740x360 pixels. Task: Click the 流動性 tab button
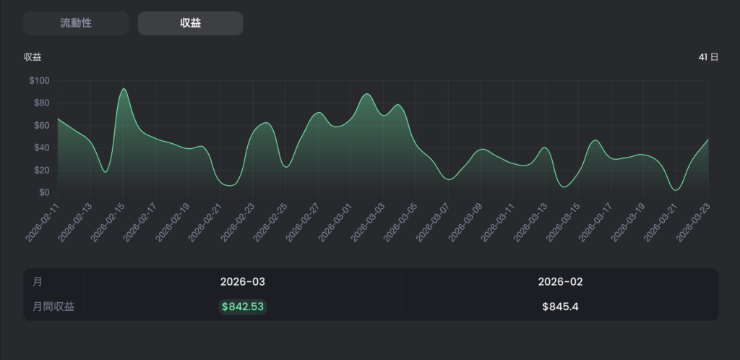pos(76,23)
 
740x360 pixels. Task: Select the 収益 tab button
pos(190,23)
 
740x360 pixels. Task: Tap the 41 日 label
pos(708,57)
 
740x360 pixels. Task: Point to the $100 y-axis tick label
pos(39,81)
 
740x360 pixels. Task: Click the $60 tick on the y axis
pos(41,126)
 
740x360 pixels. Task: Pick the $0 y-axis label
pos(44,192)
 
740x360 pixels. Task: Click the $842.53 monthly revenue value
pos(243,307)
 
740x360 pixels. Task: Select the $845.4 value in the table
pos(560,307)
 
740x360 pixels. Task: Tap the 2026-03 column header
pos(243,282)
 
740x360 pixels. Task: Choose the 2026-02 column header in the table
pos(560,282)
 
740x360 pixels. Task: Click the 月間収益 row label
pos(53,307)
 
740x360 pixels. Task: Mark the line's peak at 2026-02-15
pos(124,89)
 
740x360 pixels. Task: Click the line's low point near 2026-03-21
pos(676,190)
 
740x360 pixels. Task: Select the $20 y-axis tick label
pos(41,171)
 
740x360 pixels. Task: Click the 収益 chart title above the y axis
pos(33,58)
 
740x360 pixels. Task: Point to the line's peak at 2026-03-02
pos(367,94)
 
